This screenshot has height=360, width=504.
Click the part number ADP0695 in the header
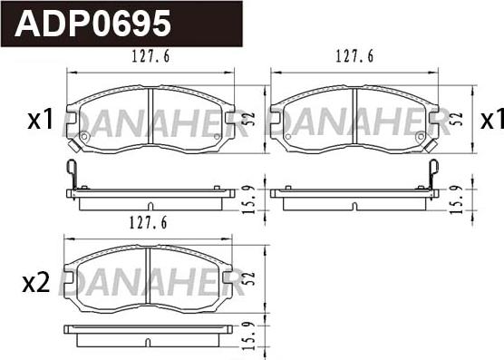92,24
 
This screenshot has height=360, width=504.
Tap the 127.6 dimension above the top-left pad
150,56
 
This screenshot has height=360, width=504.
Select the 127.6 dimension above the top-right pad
354,56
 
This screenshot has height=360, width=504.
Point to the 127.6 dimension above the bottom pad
148,222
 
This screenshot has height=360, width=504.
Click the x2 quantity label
36,283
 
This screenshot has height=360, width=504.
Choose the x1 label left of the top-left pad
40,120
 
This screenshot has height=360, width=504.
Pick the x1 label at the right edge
492,120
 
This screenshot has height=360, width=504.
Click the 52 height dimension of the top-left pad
250,119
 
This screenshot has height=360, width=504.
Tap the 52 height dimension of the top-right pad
458,119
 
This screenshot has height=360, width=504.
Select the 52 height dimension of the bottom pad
250,279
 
